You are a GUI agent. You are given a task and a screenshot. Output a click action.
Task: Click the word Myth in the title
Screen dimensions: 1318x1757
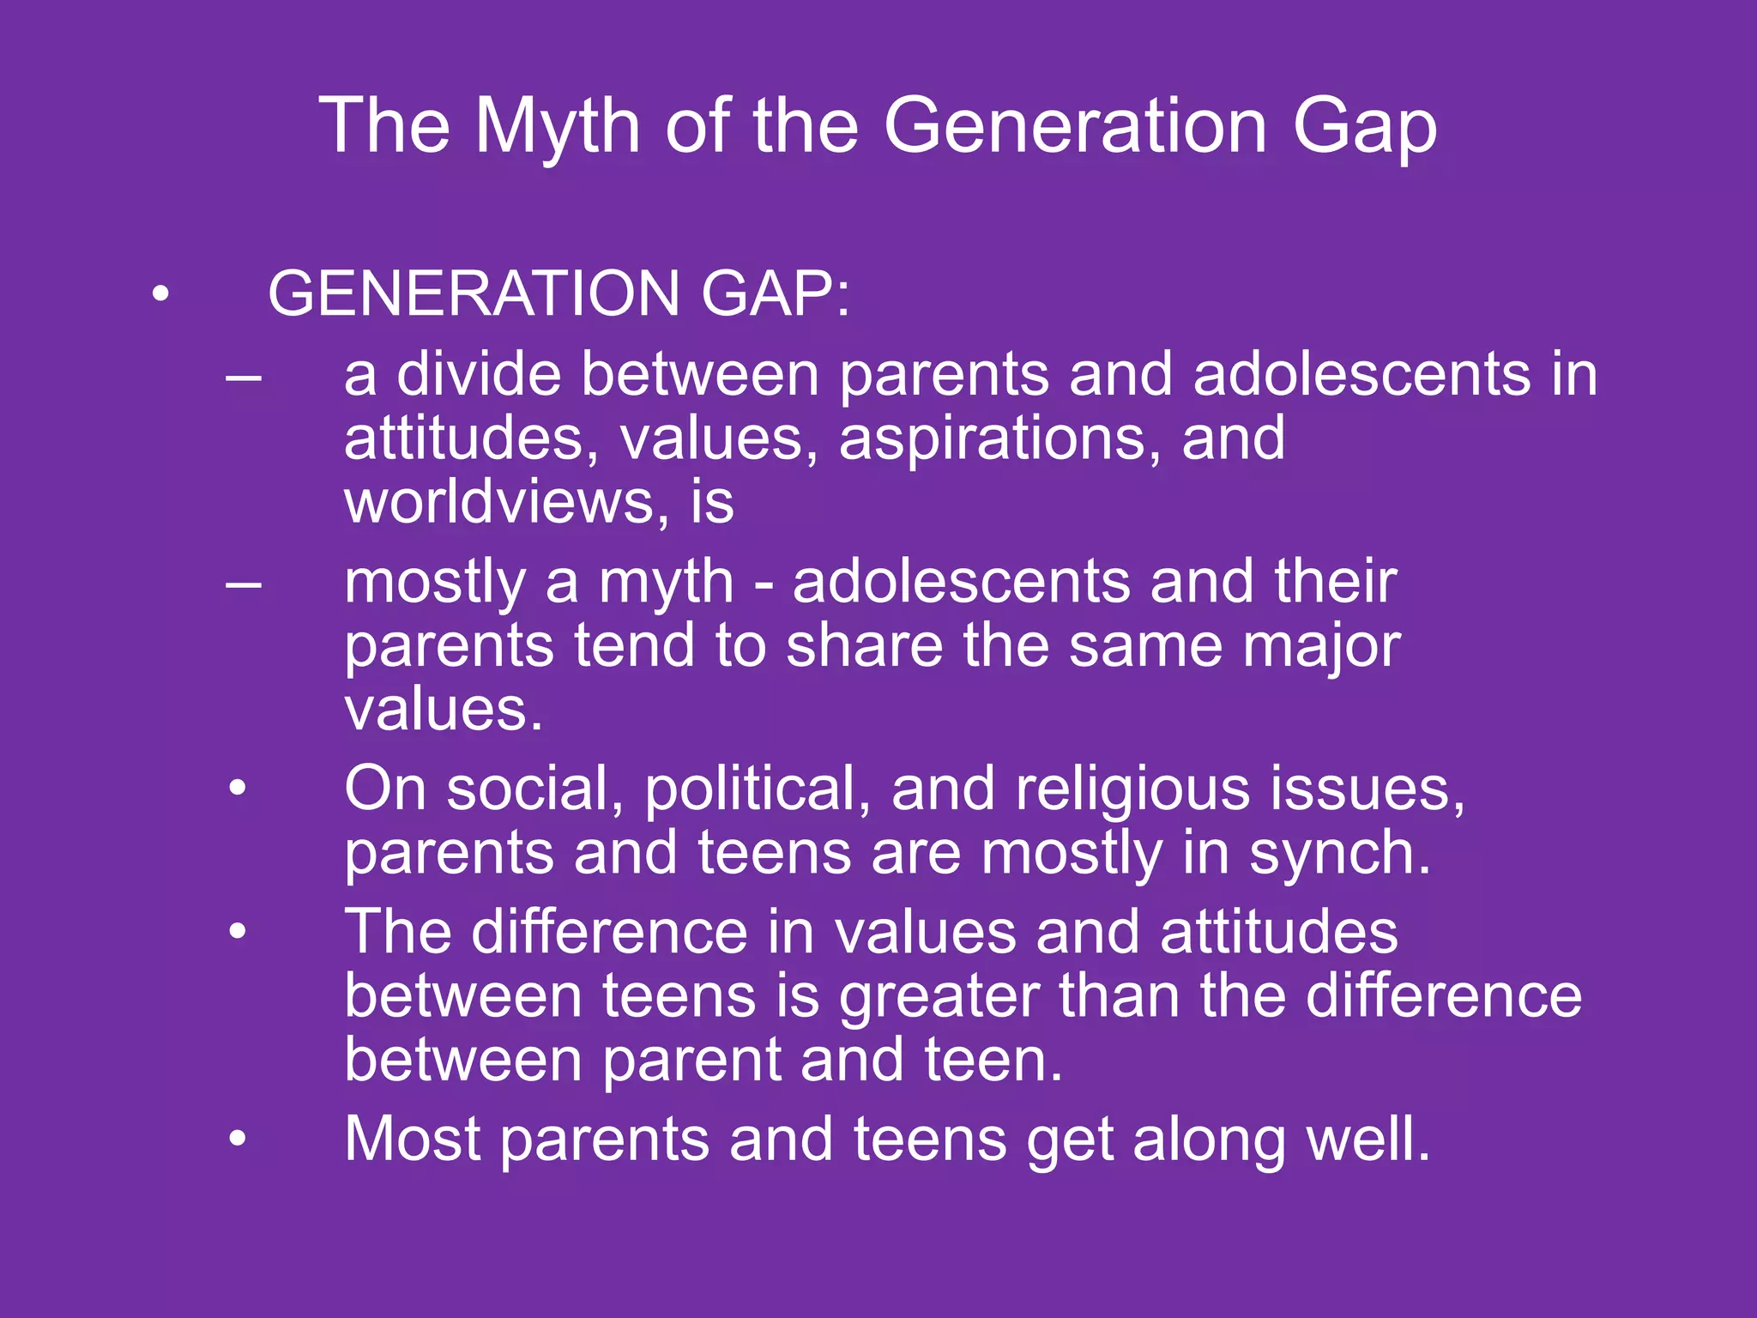(558, 127)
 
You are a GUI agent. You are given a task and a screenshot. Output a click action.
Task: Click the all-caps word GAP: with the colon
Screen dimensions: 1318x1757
(775, 294)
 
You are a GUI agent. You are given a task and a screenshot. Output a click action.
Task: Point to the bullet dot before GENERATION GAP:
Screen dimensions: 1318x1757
(160, 294)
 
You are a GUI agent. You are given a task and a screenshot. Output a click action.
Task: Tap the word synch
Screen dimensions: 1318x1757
(1338, 854)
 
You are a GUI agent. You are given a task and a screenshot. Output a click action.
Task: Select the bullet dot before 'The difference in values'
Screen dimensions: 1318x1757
(238, 930)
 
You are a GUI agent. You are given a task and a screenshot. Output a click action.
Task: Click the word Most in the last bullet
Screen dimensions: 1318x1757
(412, 1140)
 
